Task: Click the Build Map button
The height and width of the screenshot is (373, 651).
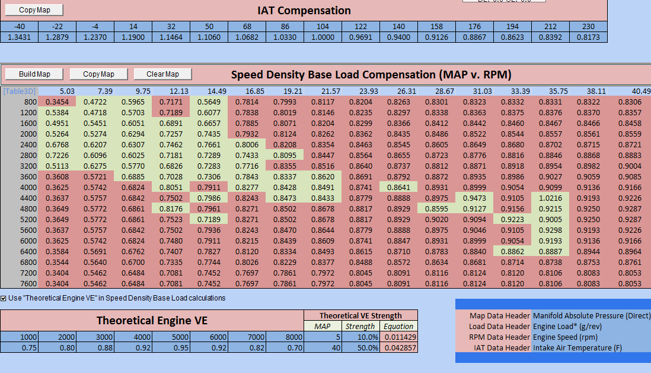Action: (x=34, y=74)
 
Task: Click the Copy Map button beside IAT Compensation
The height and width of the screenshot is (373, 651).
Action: (x=34, y=10)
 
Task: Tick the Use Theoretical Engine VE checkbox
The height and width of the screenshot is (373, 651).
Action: (x=4, y=298)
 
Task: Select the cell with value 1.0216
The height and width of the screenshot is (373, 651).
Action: (x=550, y=197)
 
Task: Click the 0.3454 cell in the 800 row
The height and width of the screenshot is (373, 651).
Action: (x=58, y=102)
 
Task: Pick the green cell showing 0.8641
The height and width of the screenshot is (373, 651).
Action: (x=398, y=186)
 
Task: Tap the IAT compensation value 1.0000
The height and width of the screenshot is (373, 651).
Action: (x=323, y=37)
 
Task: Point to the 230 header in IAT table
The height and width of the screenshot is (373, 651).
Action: (x=588, y=27)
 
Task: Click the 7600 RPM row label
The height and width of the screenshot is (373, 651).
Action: (x=28, y=283)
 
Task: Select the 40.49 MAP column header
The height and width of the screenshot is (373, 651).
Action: (x=640, y=91)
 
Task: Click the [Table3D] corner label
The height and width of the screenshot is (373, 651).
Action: (x=18, y=91)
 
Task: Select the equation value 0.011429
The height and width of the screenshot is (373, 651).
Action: (x=399, y=337)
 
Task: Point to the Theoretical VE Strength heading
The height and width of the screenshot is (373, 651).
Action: (x=360, y=315)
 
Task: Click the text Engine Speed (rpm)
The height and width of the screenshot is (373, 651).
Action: (x=567, y=337)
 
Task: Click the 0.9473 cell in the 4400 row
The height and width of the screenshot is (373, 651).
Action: (x=474, y=197)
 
